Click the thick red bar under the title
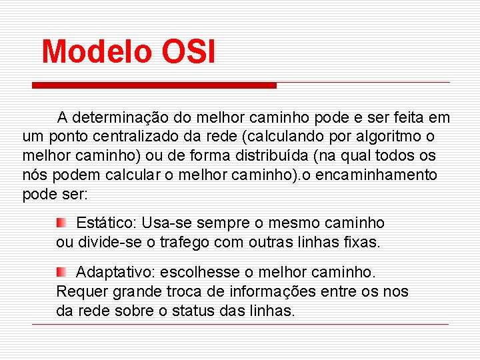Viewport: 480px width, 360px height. pyautogui.click(x=155, y=85)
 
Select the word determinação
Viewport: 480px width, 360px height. pyautogui.click(x=123, y=118)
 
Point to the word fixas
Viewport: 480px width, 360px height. pyautogui.click(x=361, y=243)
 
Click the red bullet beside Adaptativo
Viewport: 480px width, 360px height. pyautogui.click(x=61, y=272)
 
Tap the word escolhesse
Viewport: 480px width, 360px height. pyautogui.click(x=187, y=273)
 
